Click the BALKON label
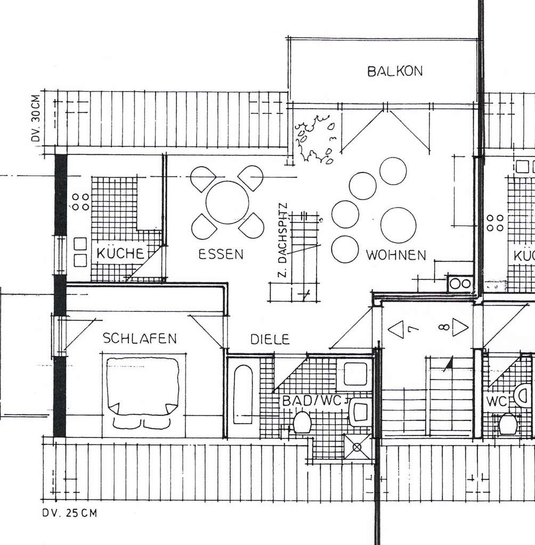(x=395, y=71)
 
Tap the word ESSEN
(x=221, y=254)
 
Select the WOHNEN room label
(x=396, y=255)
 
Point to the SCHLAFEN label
(x=140, y=338)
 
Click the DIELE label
(x=270, y=339)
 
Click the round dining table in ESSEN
(x=228, y=202)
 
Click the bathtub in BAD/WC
(x=243, y=394)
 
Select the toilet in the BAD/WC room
(x=302, y=423)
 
